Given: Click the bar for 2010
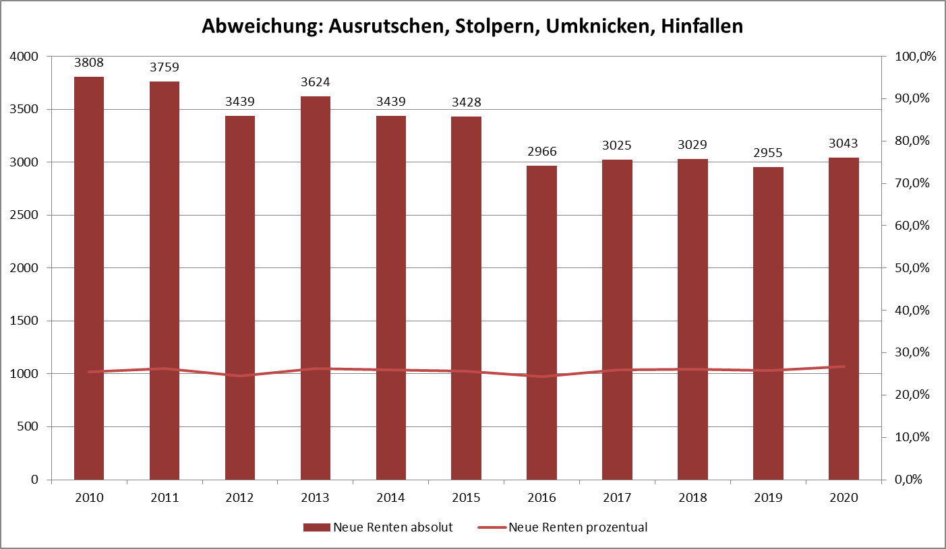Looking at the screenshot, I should pyautogui.click(x=89, y=278).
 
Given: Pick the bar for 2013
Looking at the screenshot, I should pyautogui.click(x=316, y=288).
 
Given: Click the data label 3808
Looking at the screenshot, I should pyautogui.click(x=89, y=63).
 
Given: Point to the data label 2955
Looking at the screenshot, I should pyautogui.click(x=768, y=153).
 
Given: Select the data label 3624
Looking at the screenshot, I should pyautogui.click(x=316, y=82).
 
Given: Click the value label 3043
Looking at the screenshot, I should pyautogui.click(x=844, y=143).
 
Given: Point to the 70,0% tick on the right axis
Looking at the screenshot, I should pyautogui.click(x=911, y=183).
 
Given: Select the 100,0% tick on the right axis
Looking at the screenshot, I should pyautogui.click(x=914, y=57).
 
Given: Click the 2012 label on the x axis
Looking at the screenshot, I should pyautogui.click(x=240, y=498).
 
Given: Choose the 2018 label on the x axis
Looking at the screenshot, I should pyautogui.click(x=692, y=498).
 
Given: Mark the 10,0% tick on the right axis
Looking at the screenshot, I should pyautogui.click(x=911, y=437).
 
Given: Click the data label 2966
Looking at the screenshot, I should pyautogui.click(x=541, y=152).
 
